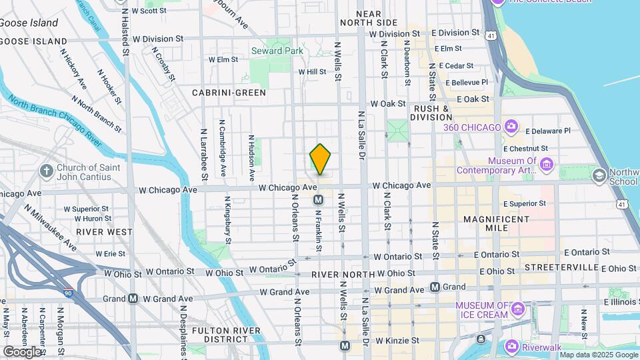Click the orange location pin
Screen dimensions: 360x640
[321, 159]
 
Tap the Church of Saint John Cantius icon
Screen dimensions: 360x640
[47, 171]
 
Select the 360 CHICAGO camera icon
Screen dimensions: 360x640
[511, 127]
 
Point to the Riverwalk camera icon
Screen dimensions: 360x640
[512, 345]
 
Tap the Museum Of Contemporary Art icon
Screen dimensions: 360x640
[547, 164]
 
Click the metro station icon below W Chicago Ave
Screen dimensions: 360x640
[319, 199]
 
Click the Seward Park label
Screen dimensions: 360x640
[277, 51]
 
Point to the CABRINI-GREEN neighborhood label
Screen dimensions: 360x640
[229, 93]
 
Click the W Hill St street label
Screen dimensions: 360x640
[311, 71]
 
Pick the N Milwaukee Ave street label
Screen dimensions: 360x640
[51, 227]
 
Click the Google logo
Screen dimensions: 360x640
[21, 351]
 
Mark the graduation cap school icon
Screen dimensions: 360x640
[599, 175]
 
